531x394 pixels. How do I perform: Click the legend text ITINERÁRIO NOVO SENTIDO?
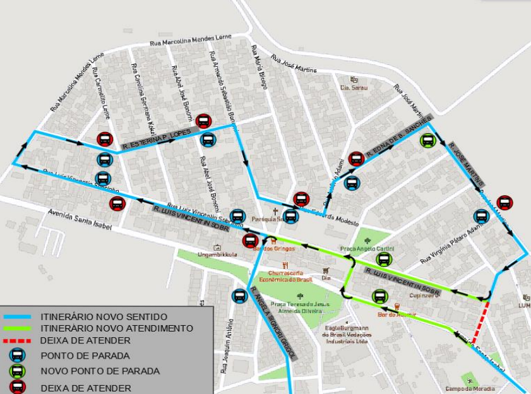pos(104,316)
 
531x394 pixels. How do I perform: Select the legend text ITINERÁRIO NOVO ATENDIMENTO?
pos(117,328)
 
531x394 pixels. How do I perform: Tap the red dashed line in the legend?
pos(19,341)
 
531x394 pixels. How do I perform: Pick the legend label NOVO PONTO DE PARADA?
pos(100,371)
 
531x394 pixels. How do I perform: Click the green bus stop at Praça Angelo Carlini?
pos(383,260)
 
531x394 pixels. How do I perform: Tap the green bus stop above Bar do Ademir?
pos(379,296)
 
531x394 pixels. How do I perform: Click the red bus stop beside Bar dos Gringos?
pos(251,240)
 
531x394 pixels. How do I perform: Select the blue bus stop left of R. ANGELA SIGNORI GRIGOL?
pos(239,295)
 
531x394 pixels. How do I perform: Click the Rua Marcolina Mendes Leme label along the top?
pos(191,40)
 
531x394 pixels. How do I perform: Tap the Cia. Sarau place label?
pos(354,88)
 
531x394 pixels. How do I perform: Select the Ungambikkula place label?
pos(217,255)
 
